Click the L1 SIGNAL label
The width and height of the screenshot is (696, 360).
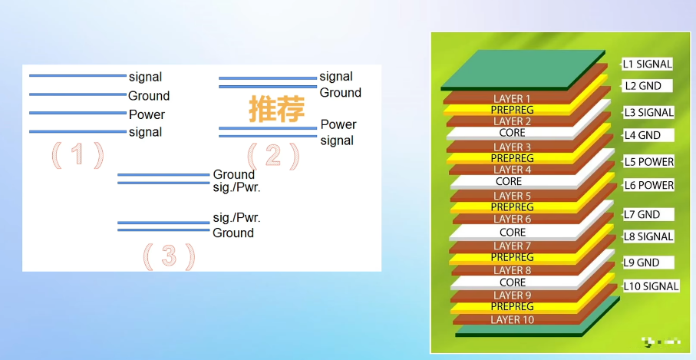point(647,64)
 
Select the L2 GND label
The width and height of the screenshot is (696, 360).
point(642,86)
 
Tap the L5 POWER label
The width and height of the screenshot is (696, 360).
point(648,162)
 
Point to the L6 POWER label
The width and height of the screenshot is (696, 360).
point(648,185)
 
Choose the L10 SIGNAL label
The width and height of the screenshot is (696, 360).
point(651,286)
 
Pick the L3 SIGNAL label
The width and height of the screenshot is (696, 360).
point(648,112)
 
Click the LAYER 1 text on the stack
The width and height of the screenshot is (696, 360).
point(512,99)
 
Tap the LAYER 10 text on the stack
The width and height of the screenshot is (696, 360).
point(512,319)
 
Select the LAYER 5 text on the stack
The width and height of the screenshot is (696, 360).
point(512,196)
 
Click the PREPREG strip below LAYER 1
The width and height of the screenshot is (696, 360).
point(512,110)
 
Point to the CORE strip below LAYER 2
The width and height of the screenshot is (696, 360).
point(512,133)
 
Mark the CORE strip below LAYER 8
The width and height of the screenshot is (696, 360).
point(512,282)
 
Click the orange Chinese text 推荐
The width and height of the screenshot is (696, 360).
point(272,109)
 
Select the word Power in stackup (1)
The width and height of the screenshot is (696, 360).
point(147,114)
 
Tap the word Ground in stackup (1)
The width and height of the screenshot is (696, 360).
point(149,96)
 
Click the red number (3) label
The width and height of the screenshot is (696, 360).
point(169,256)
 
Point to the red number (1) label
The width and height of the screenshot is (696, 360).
point(77,156)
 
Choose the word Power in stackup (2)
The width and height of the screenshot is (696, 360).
point(338,124)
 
